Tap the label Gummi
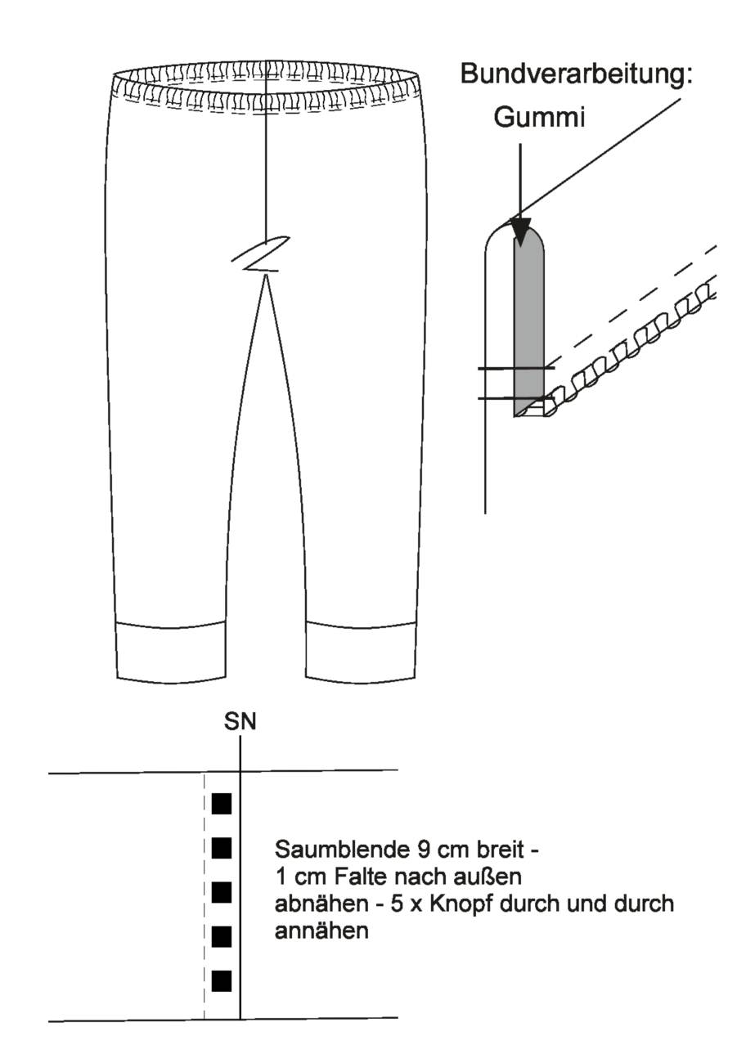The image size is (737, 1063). [539, 117]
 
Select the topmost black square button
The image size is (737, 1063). [222, 804]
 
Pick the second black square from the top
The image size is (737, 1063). [222, 848]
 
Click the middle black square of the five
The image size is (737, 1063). [222, 892]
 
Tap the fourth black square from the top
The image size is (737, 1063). [222, 936]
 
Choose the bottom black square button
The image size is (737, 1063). [222, 981]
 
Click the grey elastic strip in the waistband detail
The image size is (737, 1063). [529, 323]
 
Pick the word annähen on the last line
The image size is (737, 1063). [321, 931]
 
